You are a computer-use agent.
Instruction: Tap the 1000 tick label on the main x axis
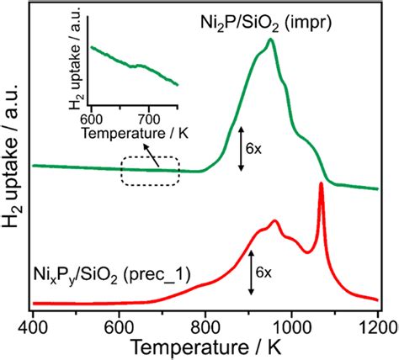click(291, 323)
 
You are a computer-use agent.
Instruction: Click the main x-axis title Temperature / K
click(207, 346)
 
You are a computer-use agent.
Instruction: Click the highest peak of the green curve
click(270, 40)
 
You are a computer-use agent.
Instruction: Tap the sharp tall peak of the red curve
click(321, 184)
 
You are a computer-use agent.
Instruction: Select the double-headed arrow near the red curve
click(251, 275)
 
